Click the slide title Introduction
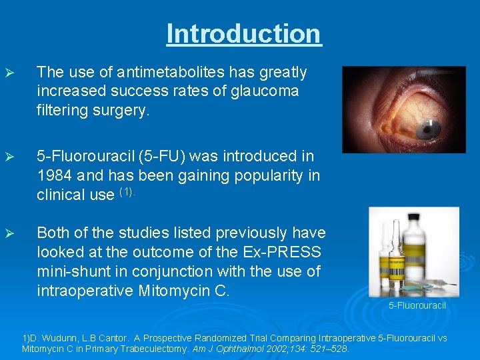pyautogui.click(x=244, y=33)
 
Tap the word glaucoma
pyautogui.click(x=263, y=90)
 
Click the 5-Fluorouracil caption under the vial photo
pyautogui.click(x=417, y=305)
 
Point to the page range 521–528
pyautogui.click(x=335, y=348)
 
